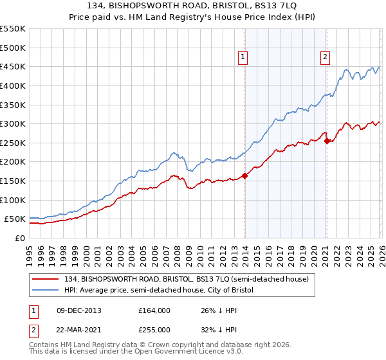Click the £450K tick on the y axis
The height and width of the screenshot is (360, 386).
tap(13, 66)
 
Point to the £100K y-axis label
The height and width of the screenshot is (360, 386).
tap(13, 200)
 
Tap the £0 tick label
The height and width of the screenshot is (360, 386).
tap(19, 238)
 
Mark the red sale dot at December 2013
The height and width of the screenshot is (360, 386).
tap(244, 175)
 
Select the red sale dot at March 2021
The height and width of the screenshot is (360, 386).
tap(327, 141)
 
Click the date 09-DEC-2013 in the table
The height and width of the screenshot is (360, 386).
tap(79, 310)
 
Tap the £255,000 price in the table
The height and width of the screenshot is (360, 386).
tap(154, 329)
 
